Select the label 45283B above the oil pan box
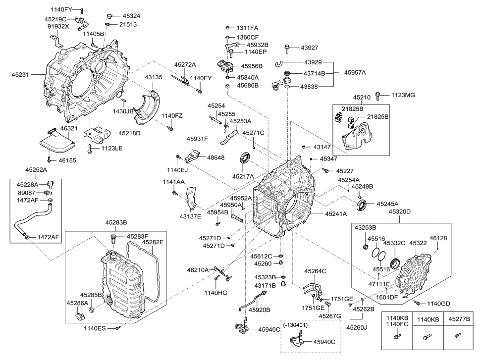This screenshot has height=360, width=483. click(x=116, y=222)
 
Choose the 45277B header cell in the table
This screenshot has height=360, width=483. click(x=458, y=319)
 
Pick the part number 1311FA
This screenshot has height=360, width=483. click(x=247, y=28)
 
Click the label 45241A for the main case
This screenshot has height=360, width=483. click(x=335, y=214)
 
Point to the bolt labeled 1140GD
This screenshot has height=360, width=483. click(x=418, y=302)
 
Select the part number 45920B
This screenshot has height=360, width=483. click(x=260, y=310)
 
